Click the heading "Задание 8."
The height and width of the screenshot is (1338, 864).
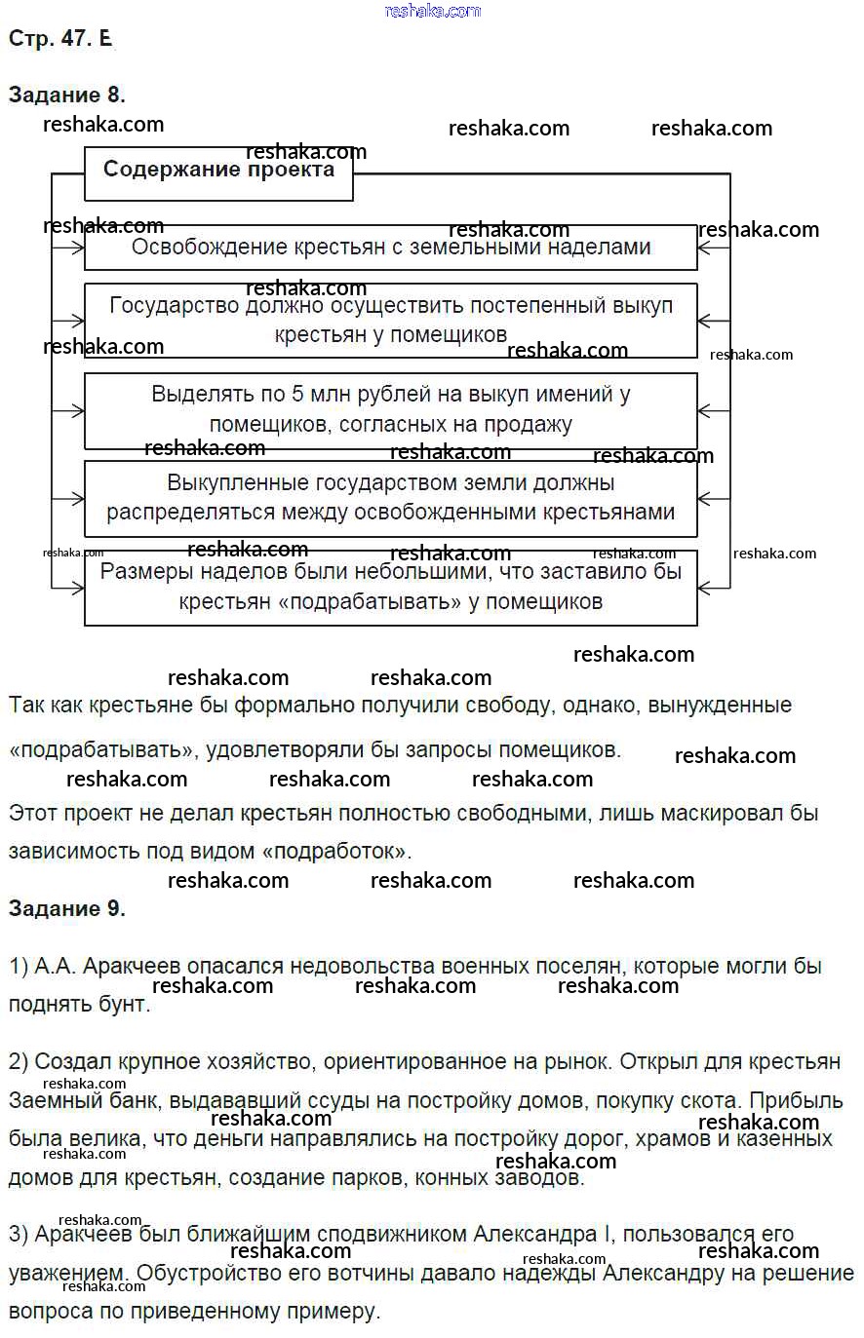[66, 95]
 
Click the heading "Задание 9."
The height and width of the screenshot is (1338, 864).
[66, 908]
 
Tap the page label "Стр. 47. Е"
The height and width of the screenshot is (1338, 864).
[59, 39]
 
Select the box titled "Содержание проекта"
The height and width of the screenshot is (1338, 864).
[218, 171]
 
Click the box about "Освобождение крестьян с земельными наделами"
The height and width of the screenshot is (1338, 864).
[391, 248]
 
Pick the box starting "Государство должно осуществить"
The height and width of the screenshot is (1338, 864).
[391, 320]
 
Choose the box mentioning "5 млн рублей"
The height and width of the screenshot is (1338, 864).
[391, 409]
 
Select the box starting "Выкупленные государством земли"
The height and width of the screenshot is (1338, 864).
[391, 497]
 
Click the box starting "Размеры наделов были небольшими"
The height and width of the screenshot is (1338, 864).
[391, 587]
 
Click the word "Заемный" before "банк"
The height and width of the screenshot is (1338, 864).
[49, 1101]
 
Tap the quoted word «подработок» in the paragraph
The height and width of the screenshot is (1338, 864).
[333, 852]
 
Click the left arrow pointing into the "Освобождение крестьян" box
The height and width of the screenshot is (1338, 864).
[68, 248]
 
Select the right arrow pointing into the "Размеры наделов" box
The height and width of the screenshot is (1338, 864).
[714, 587]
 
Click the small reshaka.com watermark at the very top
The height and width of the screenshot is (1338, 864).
[432, 11]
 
